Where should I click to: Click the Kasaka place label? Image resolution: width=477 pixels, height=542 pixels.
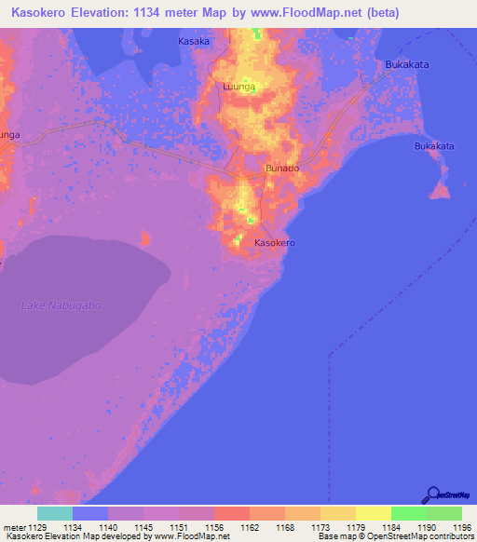(194, 42)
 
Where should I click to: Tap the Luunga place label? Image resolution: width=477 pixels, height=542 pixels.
(239, 87)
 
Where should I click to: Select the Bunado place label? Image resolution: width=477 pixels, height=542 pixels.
(282, 169)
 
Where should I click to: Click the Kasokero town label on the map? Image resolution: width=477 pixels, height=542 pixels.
(275, 242)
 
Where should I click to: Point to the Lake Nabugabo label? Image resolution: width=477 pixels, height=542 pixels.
(61, 305)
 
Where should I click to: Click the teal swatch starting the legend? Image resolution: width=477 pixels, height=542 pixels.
(55, 513)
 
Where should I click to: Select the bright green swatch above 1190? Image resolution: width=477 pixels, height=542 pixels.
(409, 513)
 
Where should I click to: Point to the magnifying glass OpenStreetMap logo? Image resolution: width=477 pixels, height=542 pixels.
(431, 495)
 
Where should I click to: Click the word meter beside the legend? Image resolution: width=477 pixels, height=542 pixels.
(15, 526)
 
